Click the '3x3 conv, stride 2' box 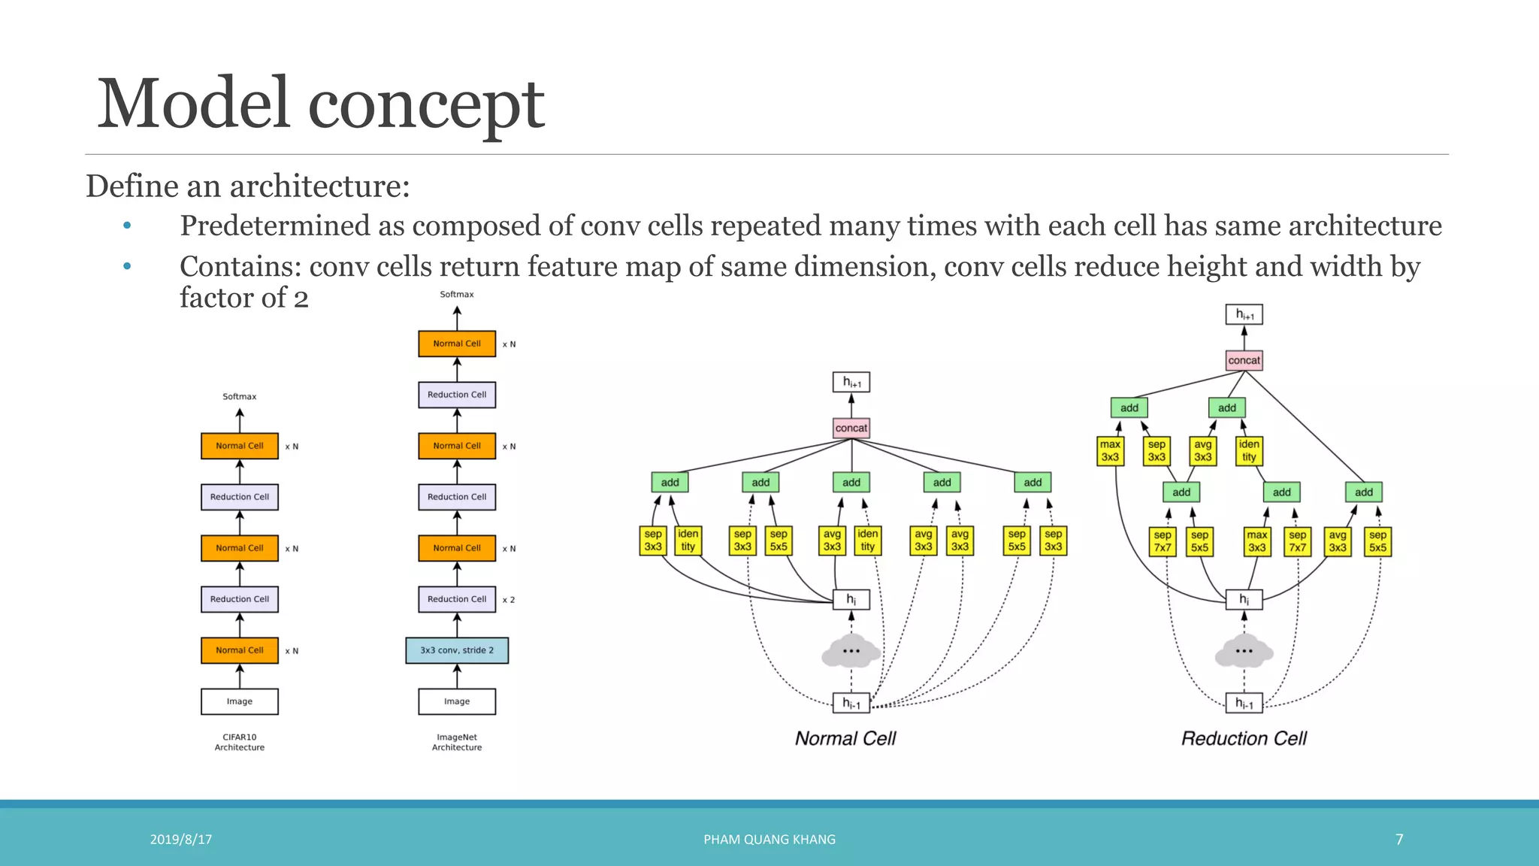coord(457,650)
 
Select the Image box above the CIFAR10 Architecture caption coord(240,701)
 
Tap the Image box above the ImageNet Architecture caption coord(457,701)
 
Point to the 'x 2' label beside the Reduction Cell coord(509,600)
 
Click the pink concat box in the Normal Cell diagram coord(851,428)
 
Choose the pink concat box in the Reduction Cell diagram coord(1244,360)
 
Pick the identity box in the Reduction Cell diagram coord(1249,451)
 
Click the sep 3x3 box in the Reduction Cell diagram coord(1157,451)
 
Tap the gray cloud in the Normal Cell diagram coord(851,651)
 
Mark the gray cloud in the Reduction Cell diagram coord(1244,651)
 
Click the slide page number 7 coord(1399,839)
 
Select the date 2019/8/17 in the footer coord(181,839)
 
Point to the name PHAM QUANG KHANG coord(769,839)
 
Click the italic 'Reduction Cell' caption coord(1244,738)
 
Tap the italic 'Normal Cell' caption coord(845,738)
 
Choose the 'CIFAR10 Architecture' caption coord(240,742)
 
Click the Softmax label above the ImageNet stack coord(457,294)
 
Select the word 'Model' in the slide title coord(194,104)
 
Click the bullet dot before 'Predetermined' coord(127,226)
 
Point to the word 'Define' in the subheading coord(132,186)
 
